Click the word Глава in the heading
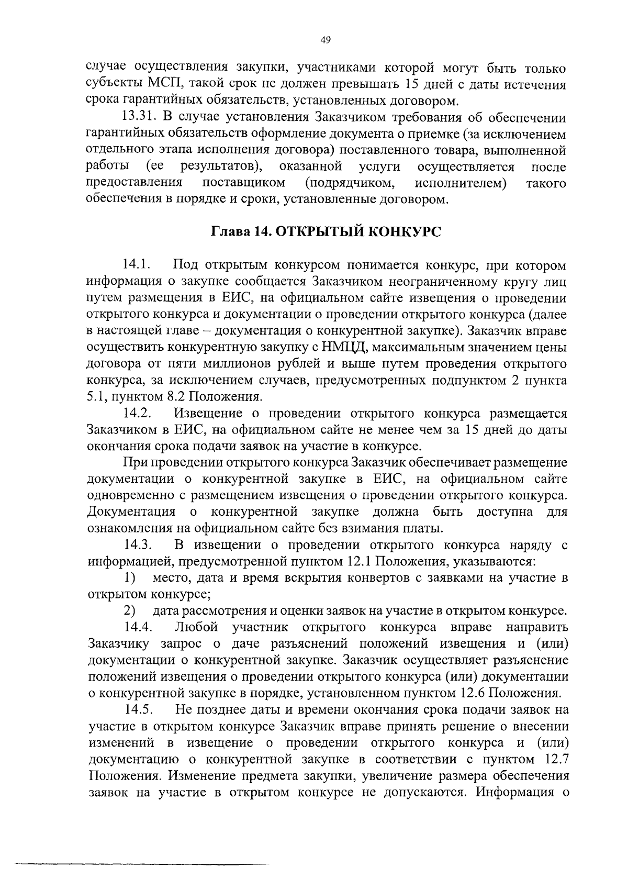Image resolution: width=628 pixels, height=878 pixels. coord(230,231)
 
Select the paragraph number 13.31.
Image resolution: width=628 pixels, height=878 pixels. coord(139,117)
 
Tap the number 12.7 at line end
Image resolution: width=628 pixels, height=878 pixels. coord(554,759)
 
